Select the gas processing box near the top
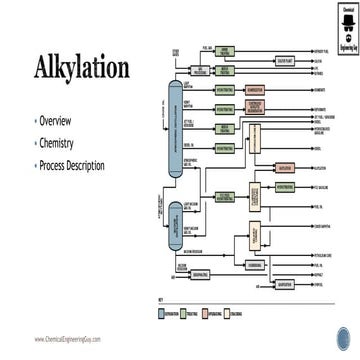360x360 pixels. [x=198, y=71]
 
